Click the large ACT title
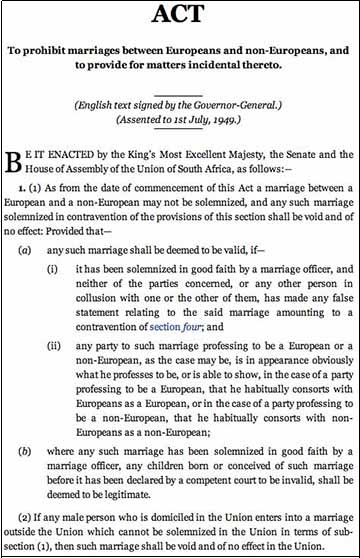point(180,18)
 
